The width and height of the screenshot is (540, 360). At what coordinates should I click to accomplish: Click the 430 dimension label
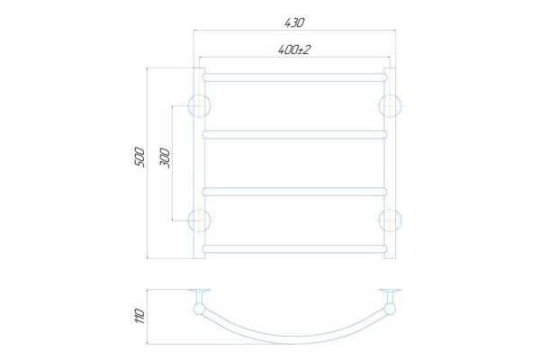click(294, 22)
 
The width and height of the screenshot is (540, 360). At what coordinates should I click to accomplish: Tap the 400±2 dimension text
click(294, 50)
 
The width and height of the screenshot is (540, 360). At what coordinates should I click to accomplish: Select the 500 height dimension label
click(139, 157)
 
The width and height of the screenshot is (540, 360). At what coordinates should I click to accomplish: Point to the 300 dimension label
click(165, 157)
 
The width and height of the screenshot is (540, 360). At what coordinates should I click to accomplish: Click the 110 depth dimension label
click(140, 316)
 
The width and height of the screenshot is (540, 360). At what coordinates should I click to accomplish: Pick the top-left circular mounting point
click(200, 105)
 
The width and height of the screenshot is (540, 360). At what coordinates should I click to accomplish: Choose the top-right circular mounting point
click(390, 105)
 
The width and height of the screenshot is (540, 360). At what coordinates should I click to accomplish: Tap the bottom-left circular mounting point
click(200, 220)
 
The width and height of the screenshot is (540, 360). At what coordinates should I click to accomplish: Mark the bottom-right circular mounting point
click(390, 220)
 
